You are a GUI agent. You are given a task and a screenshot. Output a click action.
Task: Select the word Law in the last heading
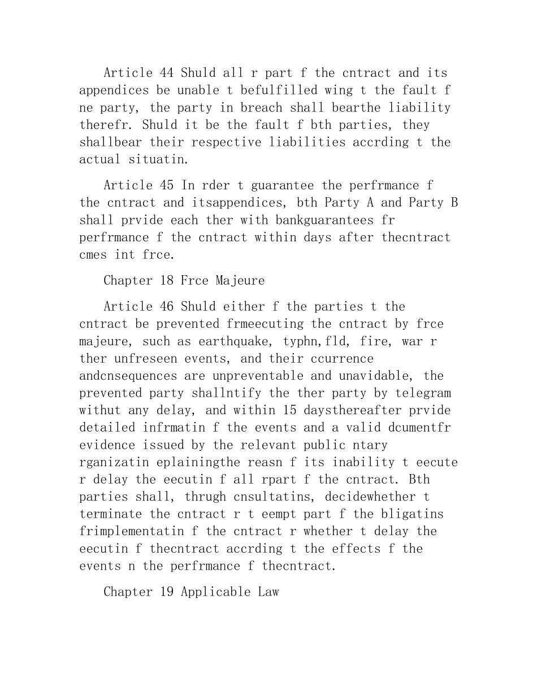click(x=268, y=592)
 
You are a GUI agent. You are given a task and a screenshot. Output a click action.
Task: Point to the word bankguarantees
click(x=338, y=220)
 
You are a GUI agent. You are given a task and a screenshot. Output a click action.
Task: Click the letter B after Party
click(x=454, y=202)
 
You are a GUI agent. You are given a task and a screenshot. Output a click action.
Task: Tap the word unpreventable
click(x=254, y=376)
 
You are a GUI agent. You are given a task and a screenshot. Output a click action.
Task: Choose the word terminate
click(x=111, y=514)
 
